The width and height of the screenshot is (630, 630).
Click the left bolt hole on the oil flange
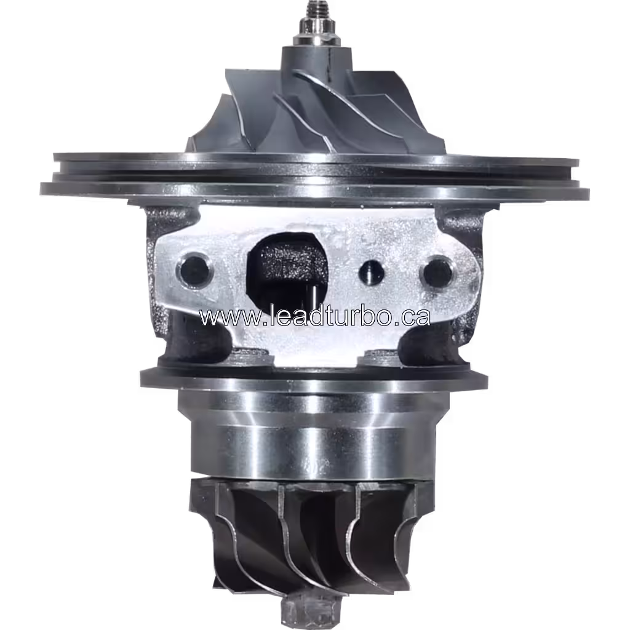click(x=194, y=268)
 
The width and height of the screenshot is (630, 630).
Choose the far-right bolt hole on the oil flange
click(x=438, y=271)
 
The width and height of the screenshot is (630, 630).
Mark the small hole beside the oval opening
click(x=370, y=270)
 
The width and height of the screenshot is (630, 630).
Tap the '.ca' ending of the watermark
click(x=413, y=317)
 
